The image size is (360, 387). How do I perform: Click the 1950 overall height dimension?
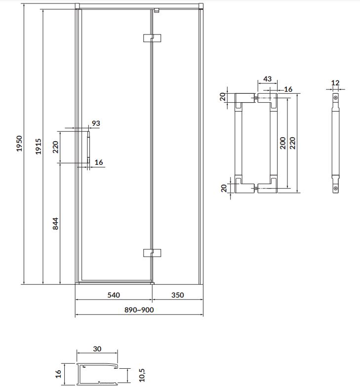coord(19,143)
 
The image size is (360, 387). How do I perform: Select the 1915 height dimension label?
coord(39,147)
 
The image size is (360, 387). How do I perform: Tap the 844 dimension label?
coord(55,224)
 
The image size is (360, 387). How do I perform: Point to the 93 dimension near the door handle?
coord(96,123)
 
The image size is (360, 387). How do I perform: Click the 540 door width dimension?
coord(114,295)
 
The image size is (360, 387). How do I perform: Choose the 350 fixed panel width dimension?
coord(178,295)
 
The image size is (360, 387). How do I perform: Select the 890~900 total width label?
coord(139,310)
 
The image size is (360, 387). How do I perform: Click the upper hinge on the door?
coord(152,38)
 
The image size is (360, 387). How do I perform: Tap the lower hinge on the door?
coord(152,253)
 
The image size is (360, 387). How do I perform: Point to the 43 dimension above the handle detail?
coord(268,79)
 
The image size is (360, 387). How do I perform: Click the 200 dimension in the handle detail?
coord(282,143)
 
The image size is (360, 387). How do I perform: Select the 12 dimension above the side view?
coord(335,83)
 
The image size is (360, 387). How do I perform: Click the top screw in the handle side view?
coord(336,98)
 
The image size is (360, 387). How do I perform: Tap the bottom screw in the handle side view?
coord(336,189)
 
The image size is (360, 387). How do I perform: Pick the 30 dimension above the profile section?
coord(97,348)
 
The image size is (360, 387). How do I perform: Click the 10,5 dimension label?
coord(142,375)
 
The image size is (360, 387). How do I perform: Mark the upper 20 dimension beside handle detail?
coord(223,97)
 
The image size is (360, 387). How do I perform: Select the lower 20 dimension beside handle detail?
coord(224,188)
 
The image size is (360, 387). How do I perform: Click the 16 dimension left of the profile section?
coord(58,374)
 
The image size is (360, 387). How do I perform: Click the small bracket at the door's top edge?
coord(156,10)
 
